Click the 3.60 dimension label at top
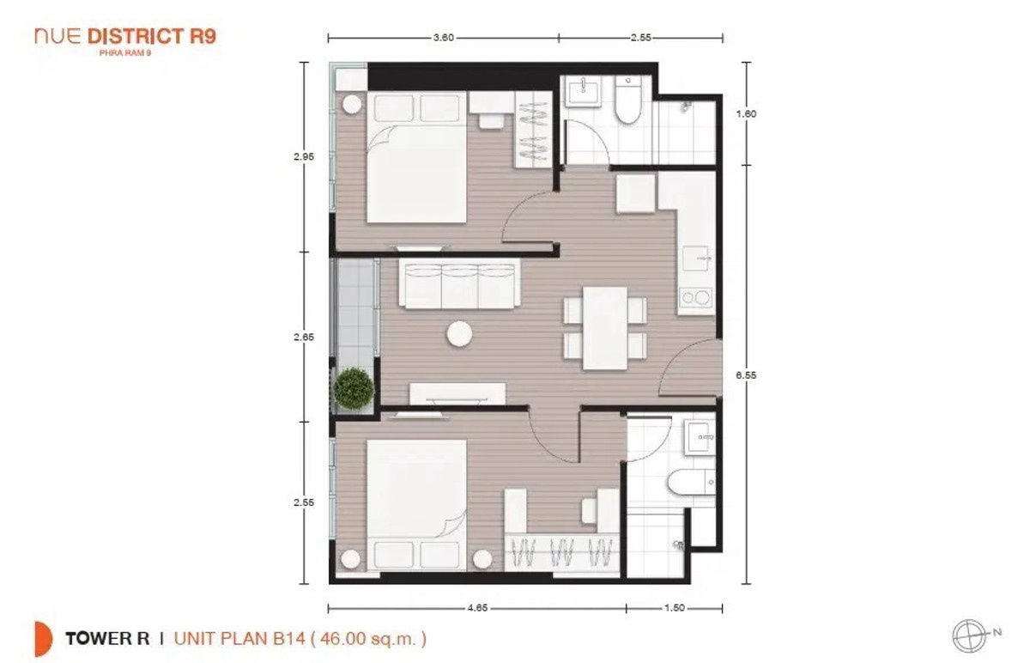(443, 37)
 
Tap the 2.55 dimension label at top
(640, 37)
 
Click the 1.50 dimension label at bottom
(674, 608)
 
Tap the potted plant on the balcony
(354, 387)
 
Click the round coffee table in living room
(459, 332)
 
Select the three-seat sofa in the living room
(459, 286)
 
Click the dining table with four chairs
(605, 328)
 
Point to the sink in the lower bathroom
(700, 438)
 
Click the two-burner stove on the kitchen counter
(695, 298)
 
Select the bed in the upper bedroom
(418, 159)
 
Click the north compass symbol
(967, 635)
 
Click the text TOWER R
(107, 638)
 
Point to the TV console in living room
(457, 393)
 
